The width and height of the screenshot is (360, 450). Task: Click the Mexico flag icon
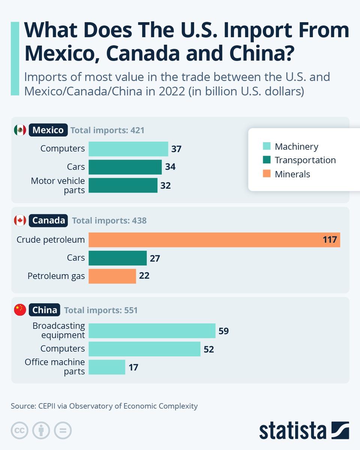[20, 130]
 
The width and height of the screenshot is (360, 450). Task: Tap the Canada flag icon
[20, 220]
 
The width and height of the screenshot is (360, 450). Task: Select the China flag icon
[20, 310]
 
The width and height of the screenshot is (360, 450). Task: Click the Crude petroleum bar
[214, 240]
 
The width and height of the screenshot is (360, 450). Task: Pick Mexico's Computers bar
[128, 149]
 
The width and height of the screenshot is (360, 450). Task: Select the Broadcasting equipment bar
[152, 331]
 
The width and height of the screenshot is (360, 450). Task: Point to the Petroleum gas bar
[112, 276]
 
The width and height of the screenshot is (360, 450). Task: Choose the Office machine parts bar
[107, 367]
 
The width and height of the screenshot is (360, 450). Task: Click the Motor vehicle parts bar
[123, 185]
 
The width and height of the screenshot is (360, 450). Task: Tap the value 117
[330, 240]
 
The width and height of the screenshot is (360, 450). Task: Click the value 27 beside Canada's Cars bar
[155, 258]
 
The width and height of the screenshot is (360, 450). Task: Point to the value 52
[208, 349]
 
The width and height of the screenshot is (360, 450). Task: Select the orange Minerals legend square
[267, 174]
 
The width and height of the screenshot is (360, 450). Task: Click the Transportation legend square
[267, 160]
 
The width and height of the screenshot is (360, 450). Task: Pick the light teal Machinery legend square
[267, 146]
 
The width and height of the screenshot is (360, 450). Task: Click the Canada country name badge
[48, 220]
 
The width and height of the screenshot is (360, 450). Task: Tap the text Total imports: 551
[101, 310]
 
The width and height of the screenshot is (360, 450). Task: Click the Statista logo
[304, 430]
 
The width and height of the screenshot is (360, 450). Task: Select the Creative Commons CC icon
[19, 430]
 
